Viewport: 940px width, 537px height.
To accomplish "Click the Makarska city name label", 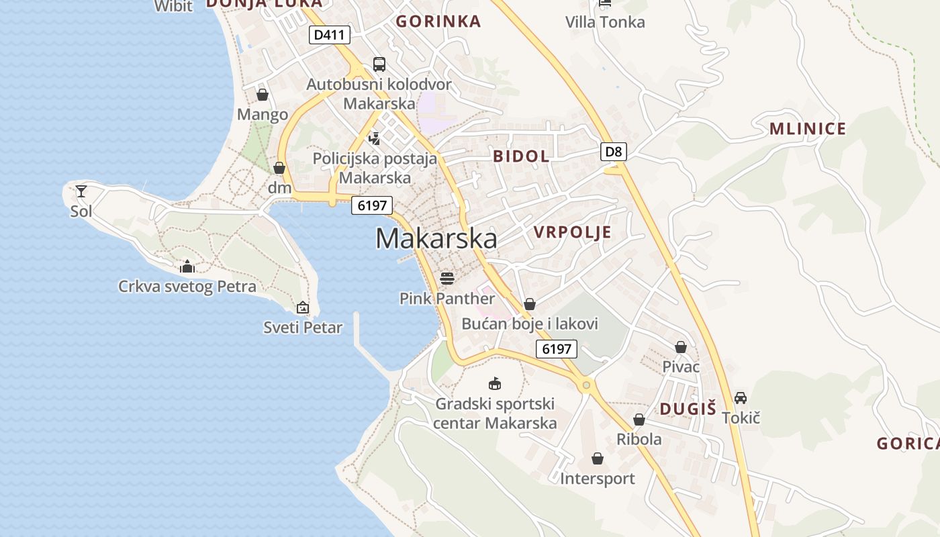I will point(436,239).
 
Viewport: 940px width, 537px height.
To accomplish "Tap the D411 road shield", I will point(330,35).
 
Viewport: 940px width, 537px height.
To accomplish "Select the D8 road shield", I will point(613,152).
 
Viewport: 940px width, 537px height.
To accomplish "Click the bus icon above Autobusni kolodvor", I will point(379,64).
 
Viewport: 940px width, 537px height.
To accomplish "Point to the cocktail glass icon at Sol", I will point(81,191).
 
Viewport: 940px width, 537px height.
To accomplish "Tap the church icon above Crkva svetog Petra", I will point(187,267).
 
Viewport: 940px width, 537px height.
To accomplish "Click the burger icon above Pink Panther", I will point(447,278).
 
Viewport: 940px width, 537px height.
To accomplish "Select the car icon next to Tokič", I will point(741,397).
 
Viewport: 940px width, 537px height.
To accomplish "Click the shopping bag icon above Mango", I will point(263,95).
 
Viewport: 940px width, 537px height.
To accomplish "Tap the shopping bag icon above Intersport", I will point(598,458).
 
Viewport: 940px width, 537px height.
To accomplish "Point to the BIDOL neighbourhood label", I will point(521,156).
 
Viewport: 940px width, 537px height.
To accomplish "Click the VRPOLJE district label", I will point(573,232).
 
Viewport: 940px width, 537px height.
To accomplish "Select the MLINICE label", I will point(807,129).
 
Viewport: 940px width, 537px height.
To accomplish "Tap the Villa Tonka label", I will point(605,22).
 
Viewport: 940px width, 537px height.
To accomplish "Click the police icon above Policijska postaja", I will point(375,139).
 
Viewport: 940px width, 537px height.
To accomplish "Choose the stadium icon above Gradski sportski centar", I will point(495,384).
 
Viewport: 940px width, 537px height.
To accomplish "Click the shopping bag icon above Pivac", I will point(681,347).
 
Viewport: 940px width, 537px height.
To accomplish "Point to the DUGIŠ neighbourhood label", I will point(688,409).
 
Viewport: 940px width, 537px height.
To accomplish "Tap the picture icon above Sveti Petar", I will point(303,308).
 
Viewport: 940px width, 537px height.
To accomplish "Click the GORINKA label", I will point(438,21).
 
